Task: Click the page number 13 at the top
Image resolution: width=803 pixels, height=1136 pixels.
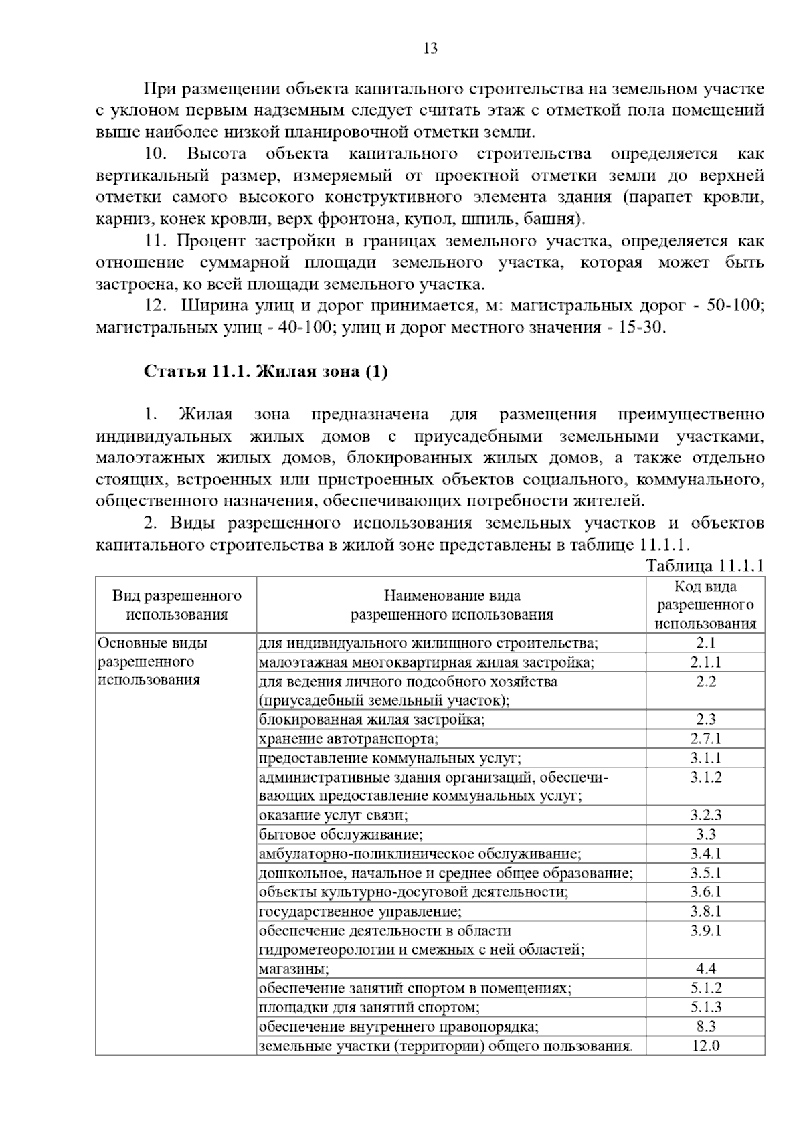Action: [x=430, y=48]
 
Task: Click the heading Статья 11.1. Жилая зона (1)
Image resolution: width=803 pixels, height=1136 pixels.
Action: [x=266, y=371]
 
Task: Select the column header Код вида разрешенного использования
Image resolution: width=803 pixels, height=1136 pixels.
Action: [x=705, y=605]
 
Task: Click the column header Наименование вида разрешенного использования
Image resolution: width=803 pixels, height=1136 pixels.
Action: [x=452, y=605]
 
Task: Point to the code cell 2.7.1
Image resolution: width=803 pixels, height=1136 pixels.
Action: [x=705, y=739]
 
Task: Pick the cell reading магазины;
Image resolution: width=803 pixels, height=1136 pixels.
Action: [x=294, y=968]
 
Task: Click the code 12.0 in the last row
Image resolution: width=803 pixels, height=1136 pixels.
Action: [x=705, y=1045]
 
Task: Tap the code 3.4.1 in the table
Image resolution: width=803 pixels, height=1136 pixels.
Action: [x=705, y=854]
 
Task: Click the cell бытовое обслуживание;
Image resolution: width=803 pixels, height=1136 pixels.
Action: [x=341, y=834]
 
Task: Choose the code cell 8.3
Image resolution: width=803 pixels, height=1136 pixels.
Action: [x=705, y=1026]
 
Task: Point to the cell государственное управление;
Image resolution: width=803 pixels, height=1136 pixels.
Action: [x=360, y=911]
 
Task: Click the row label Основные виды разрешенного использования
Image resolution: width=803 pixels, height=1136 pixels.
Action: [x=153, y=662]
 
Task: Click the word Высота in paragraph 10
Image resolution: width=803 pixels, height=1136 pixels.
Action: [x=215, y=154]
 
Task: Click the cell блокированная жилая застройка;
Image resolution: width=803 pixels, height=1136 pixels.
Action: [x=372, y=719]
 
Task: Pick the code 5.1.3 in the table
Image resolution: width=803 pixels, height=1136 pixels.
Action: [x=705, y=1007]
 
